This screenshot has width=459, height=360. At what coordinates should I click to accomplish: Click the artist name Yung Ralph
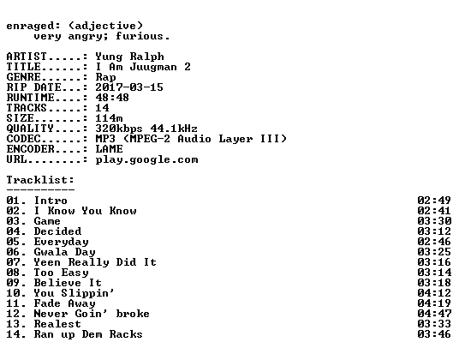(129, 57)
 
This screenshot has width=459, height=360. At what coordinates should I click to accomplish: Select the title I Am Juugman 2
(143, 67)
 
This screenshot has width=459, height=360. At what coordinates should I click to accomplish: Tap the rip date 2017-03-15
(129, 87)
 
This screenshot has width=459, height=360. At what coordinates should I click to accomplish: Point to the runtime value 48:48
(112, 98)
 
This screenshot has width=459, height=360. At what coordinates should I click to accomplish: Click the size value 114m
(110, 118)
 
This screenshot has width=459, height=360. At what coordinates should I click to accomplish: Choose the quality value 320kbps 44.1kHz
(146, 129)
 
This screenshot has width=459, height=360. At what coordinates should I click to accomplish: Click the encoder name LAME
(110, 149)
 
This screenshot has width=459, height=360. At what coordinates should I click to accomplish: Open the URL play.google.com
(146, 160)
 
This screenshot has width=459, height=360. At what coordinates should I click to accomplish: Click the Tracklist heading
(40, 179)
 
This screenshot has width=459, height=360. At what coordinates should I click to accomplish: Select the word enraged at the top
(30, 26)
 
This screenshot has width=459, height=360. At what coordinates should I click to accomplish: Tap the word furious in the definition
(140, 36)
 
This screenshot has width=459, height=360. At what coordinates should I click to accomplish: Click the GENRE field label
(23, 77)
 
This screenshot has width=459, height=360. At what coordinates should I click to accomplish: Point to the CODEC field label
(23, 139)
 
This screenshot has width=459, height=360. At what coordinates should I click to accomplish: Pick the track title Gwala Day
(65, 252)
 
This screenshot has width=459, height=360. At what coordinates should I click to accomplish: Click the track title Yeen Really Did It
(95, 262)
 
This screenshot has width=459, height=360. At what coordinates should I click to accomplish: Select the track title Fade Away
(65, 303)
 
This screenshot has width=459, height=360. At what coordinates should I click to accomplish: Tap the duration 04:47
(434, 314)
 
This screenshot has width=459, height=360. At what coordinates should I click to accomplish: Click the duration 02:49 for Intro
(434, 201)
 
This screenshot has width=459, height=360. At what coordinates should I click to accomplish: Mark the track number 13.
(13, 324)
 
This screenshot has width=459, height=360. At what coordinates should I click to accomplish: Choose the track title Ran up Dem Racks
(88, 334)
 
